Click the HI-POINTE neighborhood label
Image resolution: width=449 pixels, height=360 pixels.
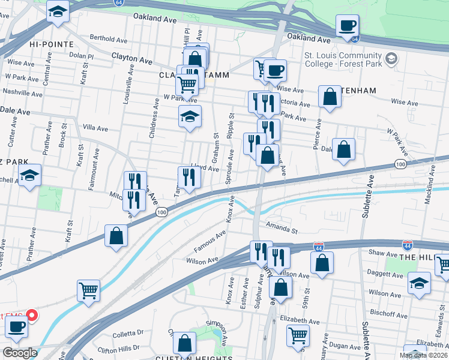(x=51, y=44)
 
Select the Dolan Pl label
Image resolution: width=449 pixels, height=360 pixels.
(x=82, y=56)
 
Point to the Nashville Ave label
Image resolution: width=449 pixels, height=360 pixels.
(x=24, y=92)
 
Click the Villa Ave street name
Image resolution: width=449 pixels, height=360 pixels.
(x=95, y=128)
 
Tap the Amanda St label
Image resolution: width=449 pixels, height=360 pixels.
(x=282, y=230)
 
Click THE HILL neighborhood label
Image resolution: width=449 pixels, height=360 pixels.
(x=416, y=257)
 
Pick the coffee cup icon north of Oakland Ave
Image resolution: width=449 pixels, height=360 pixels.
(x=347, y=25)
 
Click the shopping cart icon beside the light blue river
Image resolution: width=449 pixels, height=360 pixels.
(x=88, y=291)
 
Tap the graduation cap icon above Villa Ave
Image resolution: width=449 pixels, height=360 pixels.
(x=190, y=116)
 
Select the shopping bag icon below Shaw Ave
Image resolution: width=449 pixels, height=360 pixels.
(x=322, y=262)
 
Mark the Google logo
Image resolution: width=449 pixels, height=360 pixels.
(x=20, y=353)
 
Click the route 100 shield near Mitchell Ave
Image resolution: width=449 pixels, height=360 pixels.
(x=161, y=212)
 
